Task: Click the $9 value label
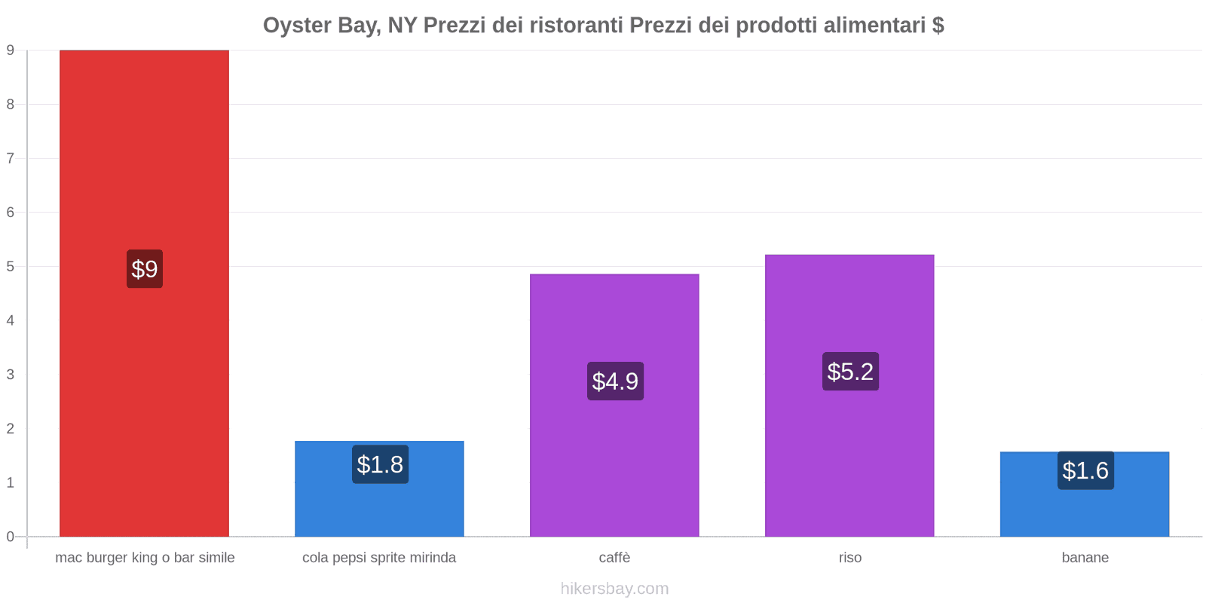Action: (145, 269)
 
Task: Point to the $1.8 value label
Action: (380, 464)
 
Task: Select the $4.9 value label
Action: (615, 381)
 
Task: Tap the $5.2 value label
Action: (850, 372)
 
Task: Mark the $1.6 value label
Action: (1085, 470)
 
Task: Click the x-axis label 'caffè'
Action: (614, 558)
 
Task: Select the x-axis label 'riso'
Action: (849, 558)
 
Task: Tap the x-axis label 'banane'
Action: (1085, 558)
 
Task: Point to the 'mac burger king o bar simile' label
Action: (145, 558)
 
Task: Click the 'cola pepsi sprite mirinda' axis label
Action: (379, 558)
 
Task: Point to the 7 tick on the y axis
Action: (11, 158)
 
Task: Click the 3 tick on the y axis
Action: (11, 375)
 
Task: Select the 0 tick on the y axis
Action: (11, 537)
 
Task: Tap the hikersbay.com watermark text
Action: (614, 589)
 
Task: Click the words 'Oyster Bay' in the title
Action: (320, 26)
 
